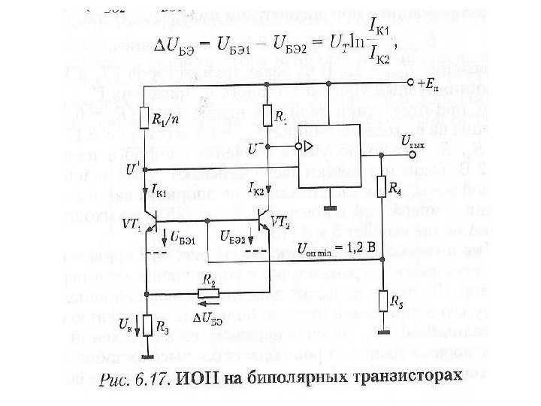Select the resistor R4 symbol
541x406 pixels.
point(382,186)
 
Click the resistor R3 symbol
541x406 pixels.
point(149,326)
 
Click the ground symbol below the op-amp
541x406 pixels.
point(329,205)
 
